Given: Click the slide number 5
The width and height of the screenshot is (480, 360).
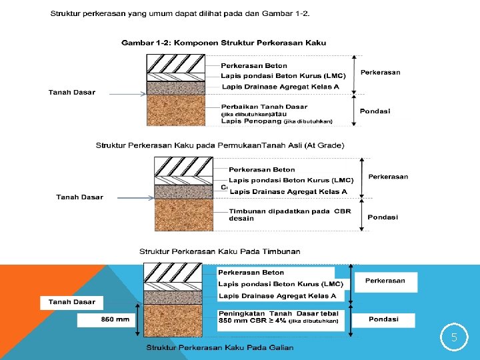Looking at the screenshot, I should (x=454, y=337).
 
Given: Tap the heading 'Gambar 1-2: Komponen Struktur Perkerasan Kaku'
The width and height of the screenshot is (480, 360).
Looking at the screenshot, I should (x=223, y=43).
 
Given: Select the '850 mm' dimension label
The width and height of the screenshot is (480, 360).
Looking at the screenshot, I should (x=115, y=319).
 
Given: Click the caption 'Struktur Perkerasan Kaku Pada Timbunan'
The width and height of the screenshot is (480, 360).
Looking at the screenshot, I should (x=219, y=251).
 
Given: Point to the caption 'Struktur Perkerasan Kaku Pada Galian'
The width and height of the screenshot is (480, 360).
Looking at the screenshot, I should (x=220, y=347).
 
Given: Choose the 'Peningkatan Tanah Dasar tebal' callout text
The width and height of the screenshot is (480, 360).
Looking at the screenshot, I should (x=279, y=313).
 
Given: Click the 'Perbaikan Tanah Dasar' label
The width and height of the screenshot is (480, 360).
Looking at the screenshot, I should (x=264, y=107).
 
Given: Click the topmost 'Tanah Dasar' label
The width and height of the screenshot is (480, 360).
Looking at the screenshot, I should (x=72, y=92).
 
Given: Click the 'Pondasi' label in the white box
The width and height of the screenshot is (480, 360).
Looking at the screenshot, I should (x=383, y=319).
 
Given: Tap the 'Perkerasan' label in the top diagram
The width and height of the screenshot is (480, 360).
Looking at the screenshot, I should (x=381, y=72).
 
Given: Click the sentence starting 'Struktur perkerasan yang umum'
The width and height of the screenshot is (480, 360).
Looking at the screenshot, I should (x=181, y=13).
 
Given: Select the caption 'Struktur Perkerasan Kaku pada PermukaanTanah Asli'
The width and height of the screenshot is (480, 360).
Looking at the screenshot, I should (x=220, y=145).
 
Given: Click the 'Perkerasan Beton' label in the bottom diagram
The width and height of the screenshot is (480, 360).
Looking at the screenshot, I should (x=251, y=273).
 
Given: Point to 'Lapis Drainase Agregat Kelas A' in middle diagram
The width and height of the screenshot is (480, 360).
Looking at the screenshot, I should (x=288, y=191).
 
